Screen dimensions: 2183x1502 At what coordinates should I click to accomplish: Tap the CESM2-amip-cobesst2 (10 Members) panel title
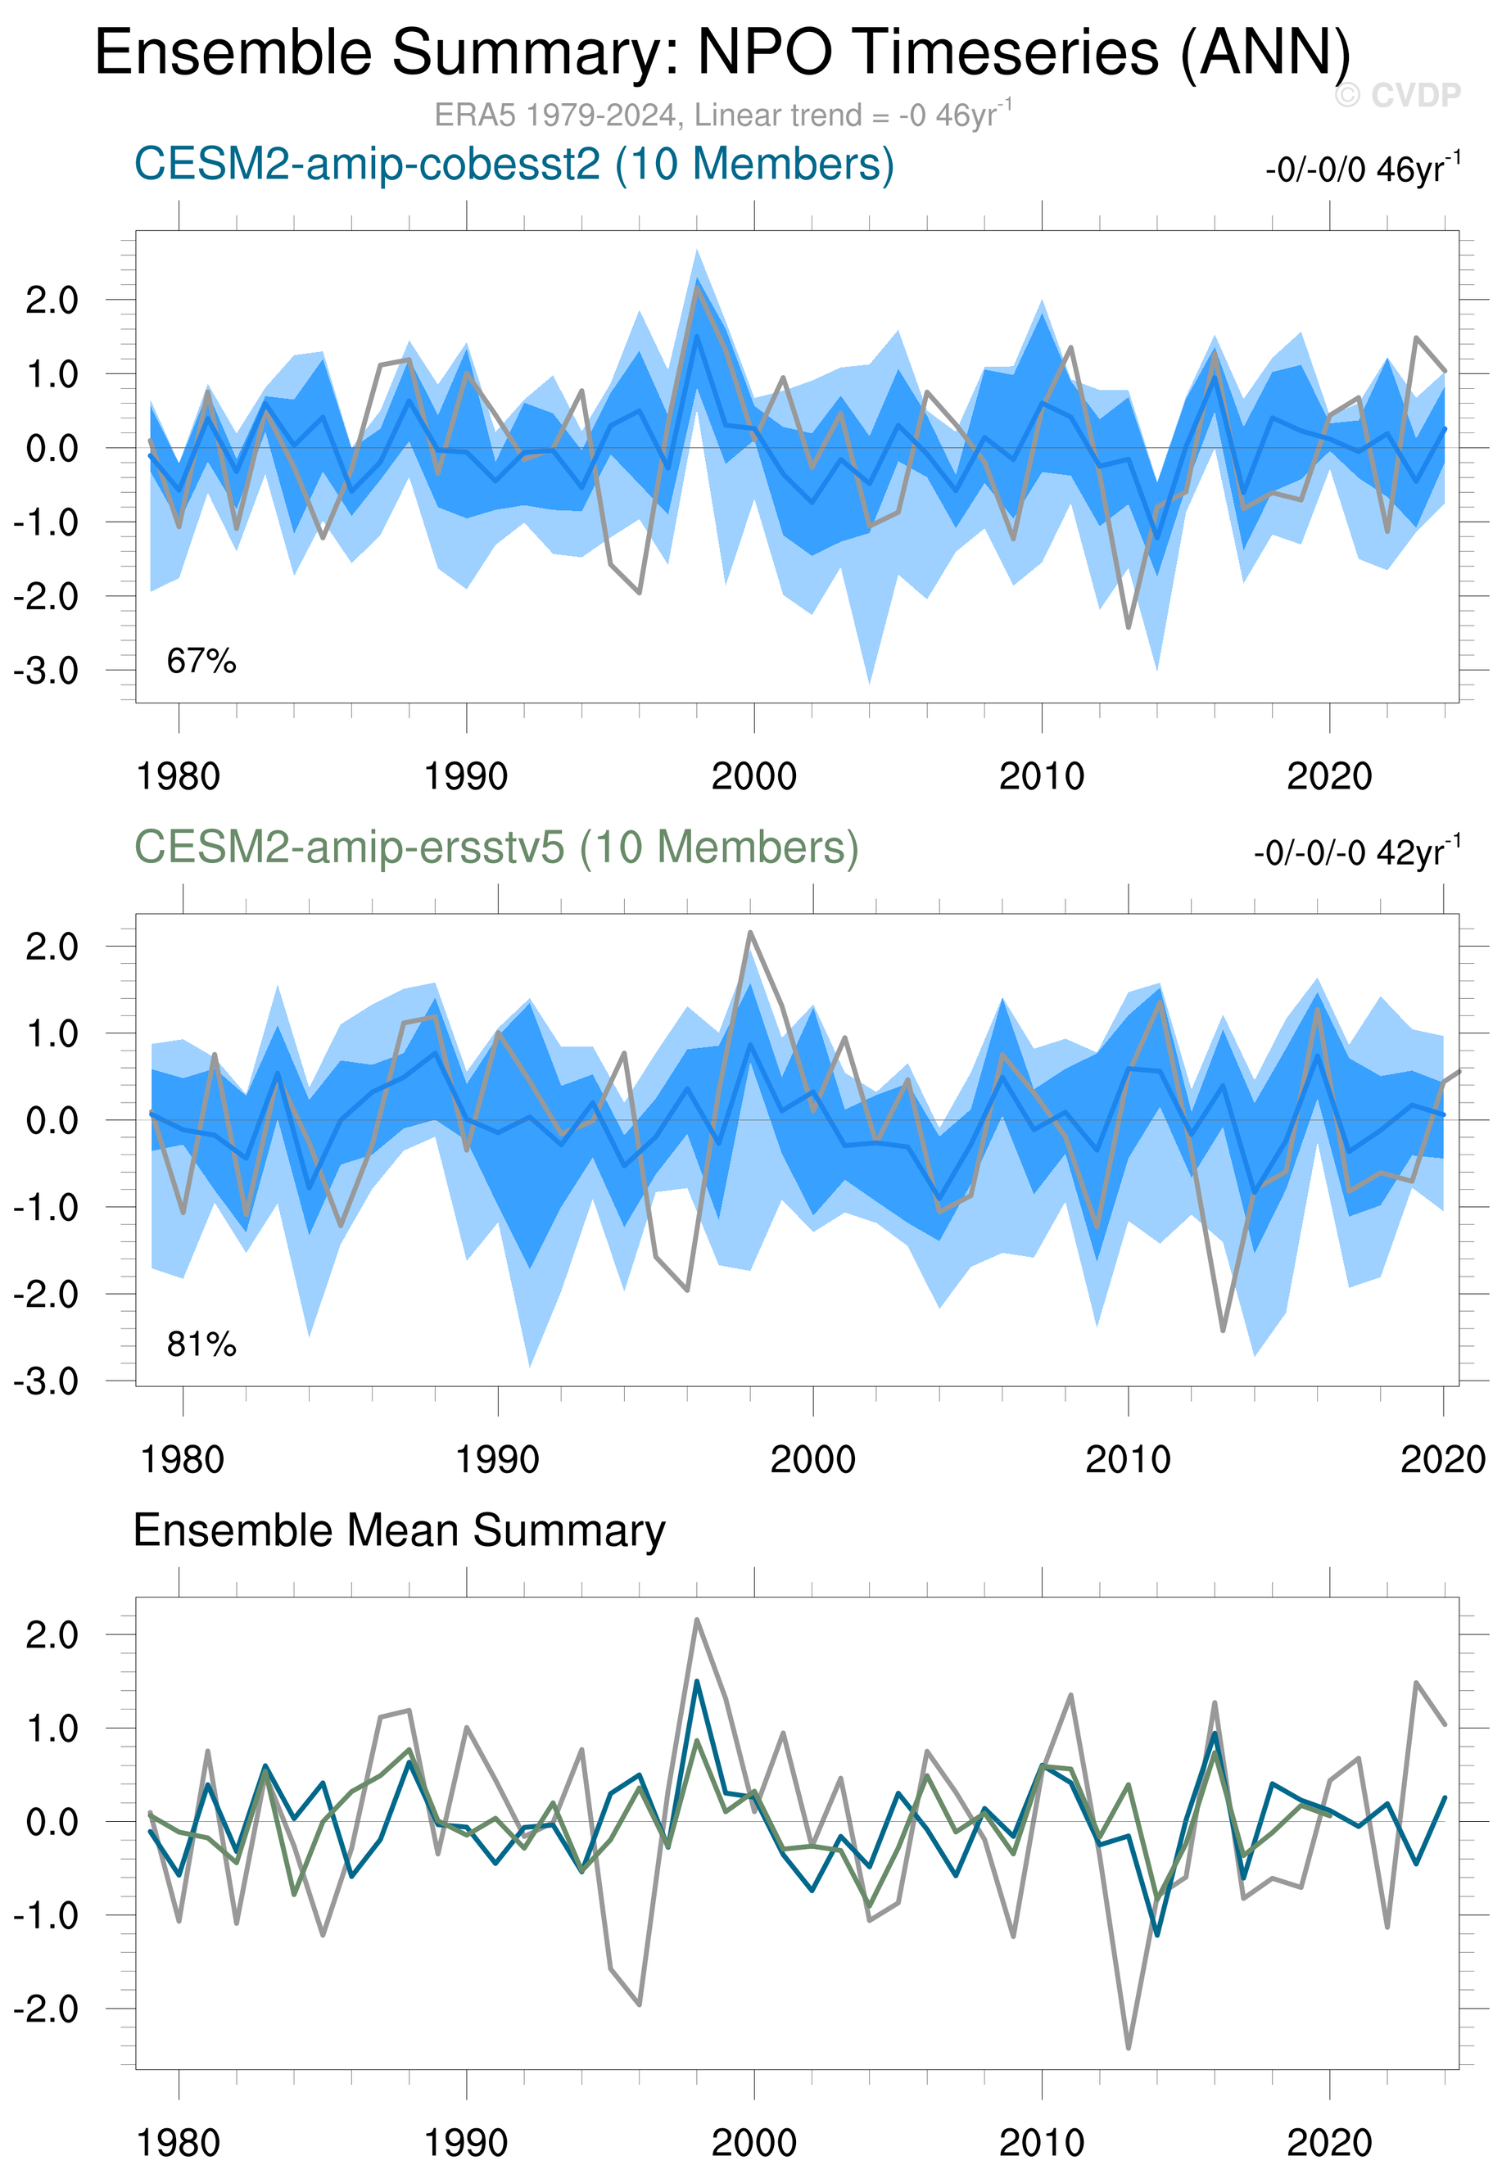tap(513, 165)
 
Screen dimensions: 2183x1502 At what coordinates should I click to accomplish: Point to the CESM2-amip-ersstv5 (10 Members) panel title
tap(496, 847)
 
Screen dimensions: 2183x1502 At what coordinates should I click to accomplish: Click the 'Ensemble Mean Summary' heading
tap(399, 1531)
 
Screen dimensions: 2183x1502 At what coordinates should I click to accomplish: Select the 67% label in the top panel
tap(201, 662)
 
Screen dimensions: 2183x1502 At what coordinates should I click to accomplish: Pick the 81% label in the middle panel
tap(201, 1345)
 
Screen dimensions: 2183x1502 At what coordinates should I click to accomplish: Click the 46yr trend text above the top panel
tap(1362, 169)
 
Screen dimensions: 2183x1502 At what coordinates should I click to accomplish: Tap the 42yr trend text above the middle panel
tap(1356, 852)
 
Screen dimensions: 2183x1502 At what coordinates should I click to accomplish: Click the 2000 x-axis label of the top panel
tap(753, 776)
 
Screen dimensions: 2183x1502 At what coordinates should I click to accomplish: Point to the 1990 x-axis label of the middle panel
tap(497, 1459)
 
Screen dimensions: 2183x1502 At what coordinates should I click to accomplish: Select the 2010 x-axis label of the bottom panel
tap(1041, 2143)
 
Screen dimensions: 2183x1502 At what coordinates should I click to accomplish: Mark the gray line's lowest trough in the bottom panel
tap(1129, 2049)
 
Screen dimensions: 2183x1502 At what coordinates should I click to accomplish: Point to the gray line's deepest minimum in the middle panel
tap(1224, 1331)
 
